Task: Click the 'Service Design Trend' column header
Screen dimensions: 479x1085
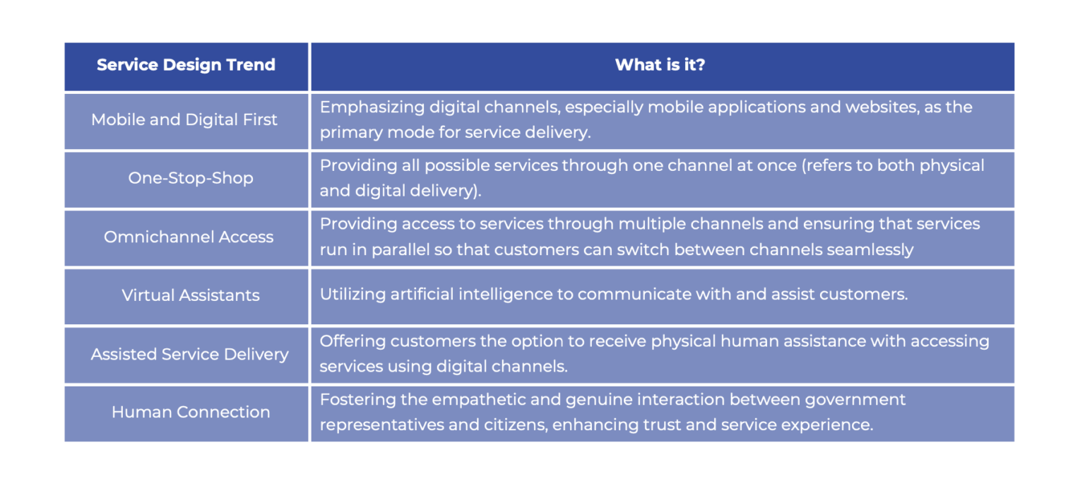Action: coord(186,65)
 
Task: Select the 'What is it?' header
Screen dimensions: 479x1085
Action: coord(660,65)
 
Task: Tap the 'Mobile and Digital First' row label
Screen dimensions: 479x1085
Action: coord(184,119)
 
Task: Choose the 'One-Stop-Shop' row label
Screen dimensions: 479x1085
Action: coord(191,178)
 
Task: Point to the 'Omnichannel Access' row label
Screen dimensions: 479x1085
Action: coord(189,237)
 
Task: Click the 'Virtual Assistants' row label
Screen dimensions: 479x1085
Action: coord(191,295)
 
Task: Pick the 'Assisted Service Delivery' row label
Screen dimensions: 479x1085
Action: coord(189,354)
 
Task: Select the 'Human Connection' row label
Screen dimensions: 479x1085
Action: coord(191,412)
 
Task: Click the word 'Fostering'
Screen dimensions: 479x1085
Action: coord(354,400)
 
